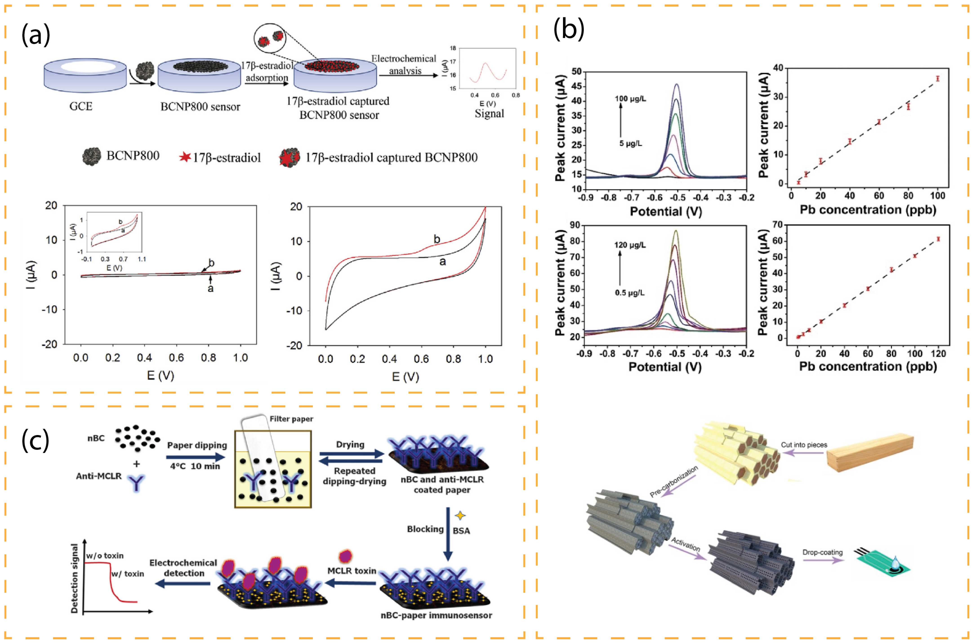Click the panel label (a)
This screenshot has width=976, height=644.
[36, 35]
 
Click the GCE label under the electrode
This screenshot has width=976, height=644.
[81, 106]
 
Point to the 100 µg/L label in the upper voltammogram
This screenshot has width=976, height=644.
[630, 99]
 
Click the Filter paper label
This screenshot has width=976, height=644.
[291, 419]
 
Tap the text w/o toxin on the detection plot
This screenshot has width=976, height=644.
[105, 555]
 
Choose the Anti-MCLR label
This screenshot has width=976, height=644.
[99, 476]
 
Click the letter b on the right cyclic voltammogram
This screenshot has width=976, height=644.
[437, 239]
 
